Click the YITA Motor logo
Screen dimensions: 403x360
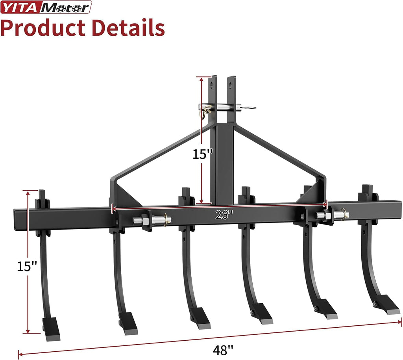click(x=46, y=7)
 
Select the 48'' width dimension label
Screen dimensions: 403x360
click(x=223, y=350)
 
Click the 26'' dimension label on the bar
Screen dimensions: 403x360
click(x=224, y=215)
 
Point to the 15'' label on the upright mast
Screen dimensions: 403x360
click(x=203, y=154)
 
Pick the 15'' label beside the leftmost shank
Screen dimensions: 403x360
click(x=27, y=266)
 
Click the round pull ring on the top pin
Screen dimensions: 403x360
click(x=249, y=108)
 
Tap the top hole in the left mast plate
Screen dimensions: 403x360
click(x=211, y=84)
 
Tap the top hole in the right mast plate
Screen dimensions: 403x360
click(x=230, y=84)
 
